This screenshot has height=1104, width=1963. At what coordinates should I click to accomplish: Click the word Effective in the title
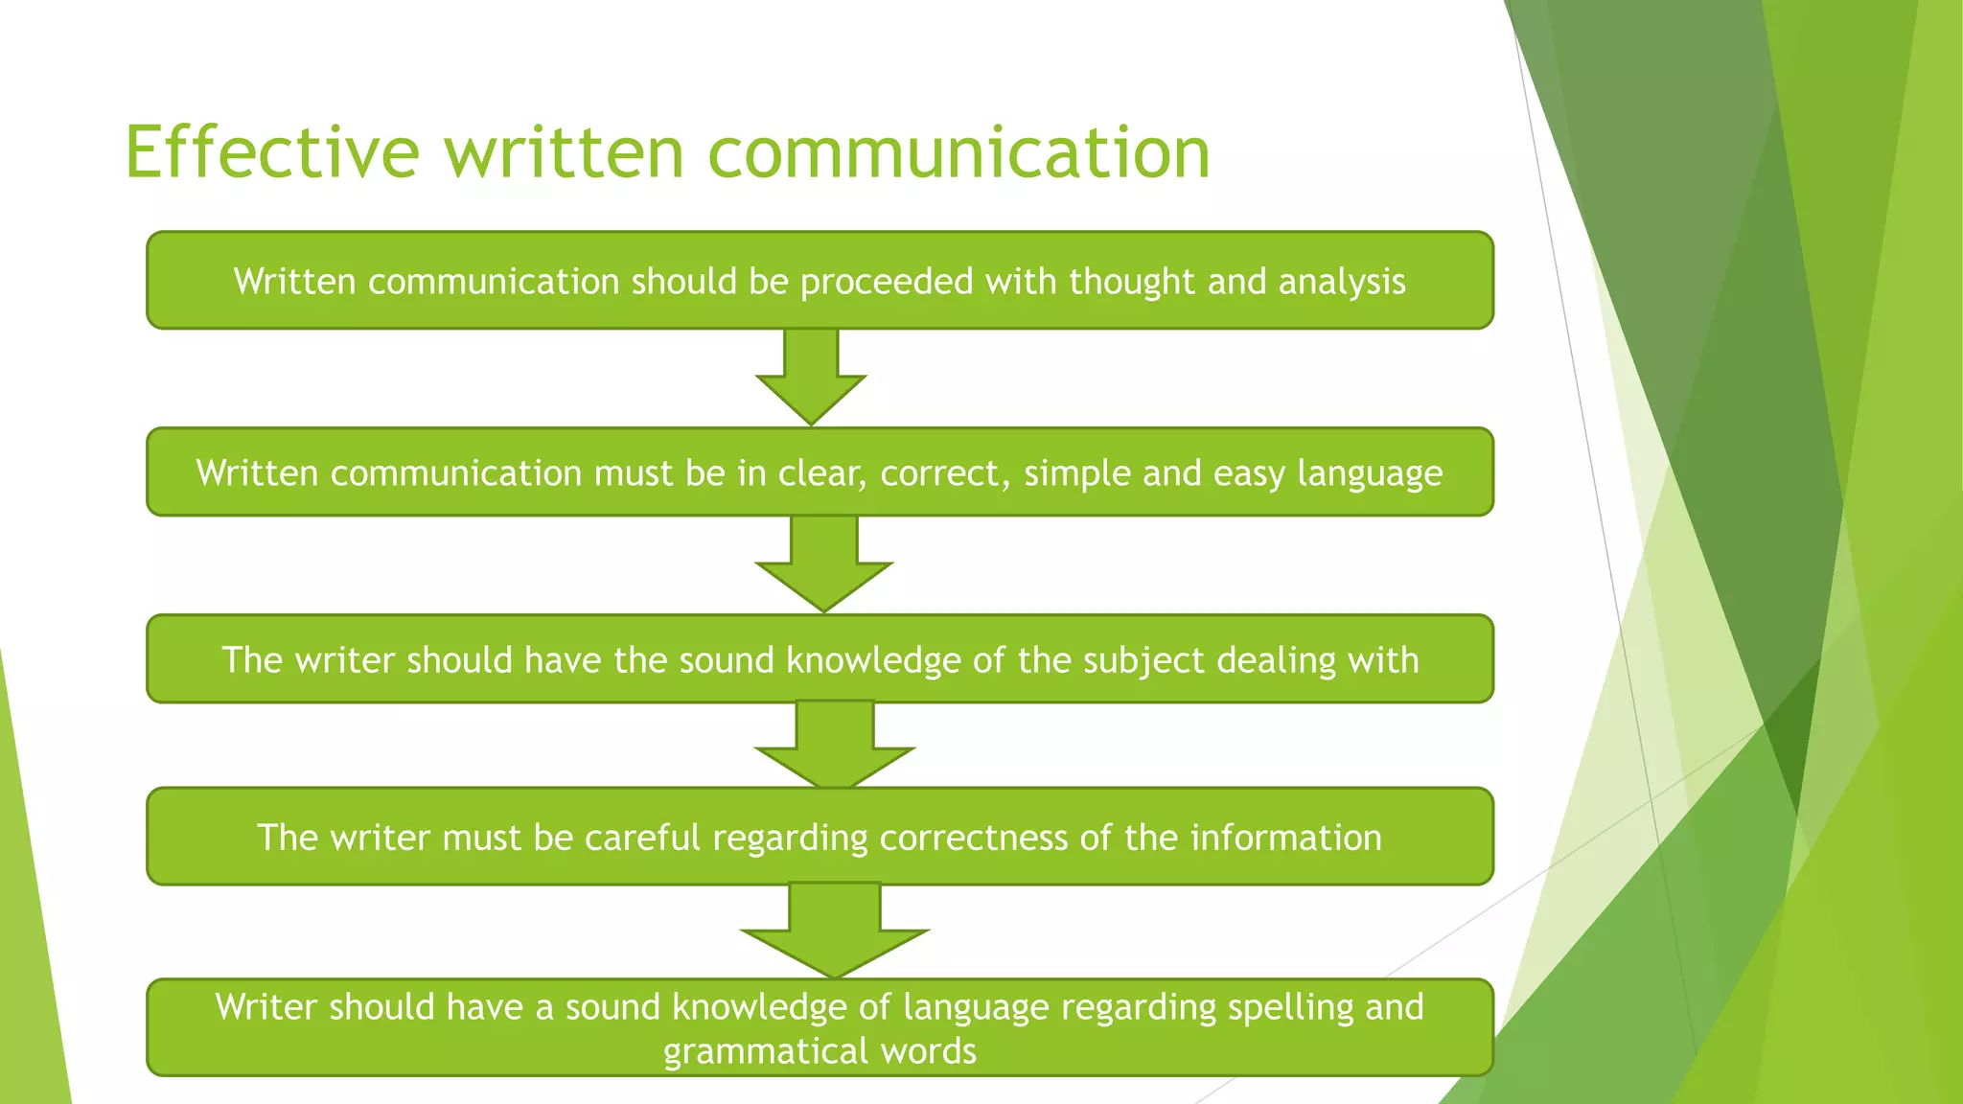(272, 152)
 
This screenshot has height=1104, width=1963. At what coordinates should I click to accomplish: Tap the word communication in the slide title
(958, 152)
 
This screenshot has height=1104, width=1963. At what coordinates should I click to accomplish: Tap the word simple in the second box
(1077, 473)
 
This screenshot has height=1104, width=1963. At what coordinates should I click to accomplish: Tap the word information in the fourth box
(1285, 838)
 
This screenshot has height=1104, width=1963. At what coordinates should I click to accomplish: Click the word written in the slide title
(565, 152)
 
